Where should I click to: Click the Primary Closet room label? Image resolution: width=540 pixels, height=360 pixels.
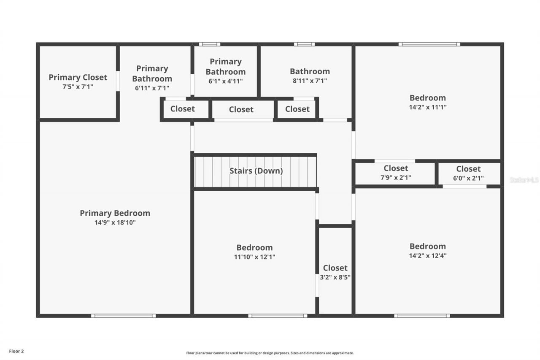click(x=78, y=77)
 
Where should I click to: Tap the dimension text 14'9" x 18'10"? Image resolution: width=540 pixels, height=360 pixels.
click(x=115, y=222)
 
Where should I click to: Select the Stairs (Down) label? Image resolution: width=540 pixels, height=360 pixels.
click(x=256, y=171)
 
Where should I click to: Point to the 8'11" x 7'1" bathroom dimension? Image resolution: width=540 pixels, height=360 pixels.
click(x=310, y=81)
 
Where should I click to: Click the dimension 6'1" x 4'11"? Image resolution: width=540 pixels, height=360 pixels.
click(x=226, y=81)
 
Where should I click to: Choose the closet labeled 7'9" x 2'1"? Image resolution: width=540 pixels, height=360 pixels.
click(x=396, y=178)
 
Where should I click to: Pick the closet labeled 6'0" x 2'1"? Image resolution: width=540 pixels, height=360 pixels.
click(x=468, y=178)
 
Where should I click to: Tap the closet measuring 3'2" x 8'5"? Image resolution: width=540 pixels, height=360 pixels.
click(x=335, y=277)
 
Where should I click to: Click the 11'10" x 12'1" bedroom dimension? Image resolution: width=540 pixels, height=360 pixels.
click(x=254, y=257)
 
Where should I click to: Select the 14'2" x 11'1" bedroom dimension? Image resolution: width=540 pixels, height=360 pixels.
click(x=427, y=107)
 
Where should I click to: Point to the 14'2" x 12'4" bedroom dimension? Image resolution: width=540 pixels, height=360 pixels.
click(x=427, y=255)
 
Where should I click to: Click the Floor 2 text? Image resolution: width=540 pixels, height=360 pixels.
click(x=16, y=351)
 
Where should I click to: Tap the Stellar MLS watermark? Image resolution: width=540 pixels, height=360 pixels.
click(x=524, y=180)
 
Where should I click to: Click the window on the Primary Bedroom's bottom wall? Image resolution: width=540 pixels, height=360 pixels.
click(x=123, y=316)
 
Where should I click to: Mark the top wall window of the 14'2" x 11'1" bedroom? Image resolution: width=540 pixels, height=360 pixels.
click(x=429, y=44)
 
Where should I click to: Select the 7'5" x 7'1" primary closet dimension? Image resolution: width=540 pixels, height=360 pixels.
click(x=78, y=87)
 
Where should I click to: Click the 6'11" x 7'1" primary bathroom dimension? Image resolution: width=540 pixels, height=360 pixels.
click(x=152, y=88)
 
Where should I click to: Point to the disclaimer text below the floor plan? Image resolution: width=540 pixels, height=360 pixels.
click(x=270, y=353)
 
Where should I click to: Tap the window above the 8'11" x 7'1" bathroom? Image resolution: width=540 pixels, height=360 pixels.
click(x=304, y=44)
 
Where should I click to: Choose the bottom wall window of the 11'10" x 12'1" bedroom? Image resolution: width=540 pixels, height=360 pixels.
click(x=278, y=316)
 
